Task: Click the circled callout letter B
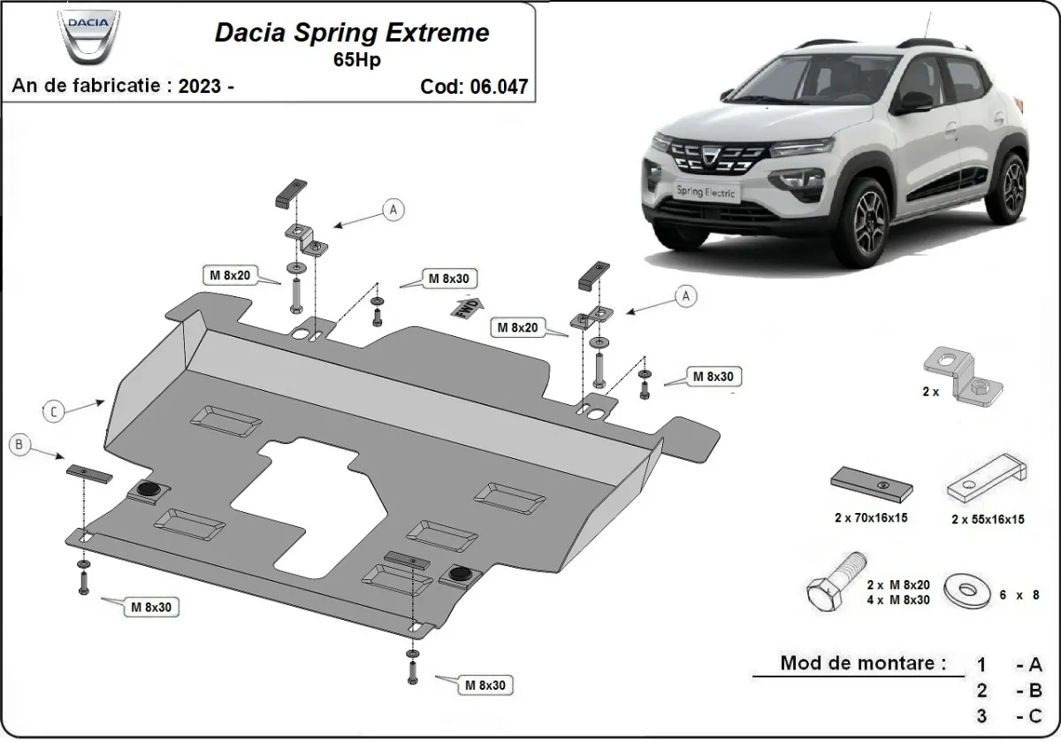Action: pos(19,446)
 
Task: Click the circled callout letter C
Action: pos(54,410)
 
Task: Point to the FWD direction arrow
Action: pos(466,309)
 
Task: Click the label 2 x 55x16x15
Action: pos(988,519)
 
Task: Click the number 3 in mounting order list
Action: pos(982,715)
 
